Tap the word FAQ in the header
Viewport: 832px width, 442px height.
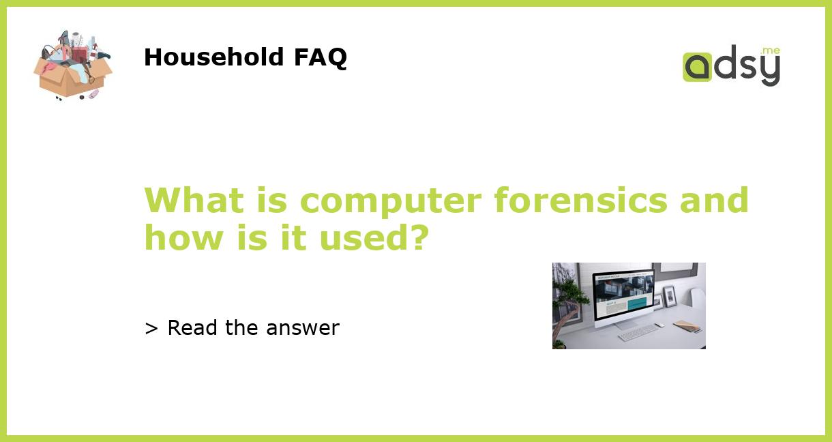click(x=320, y=57)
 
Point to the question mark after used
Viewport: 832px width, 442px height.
click(x=418, y=238)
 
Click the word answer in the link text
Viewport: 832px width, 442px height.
click(x=303, y=328)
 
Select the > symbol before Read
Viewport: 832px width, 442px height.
click(x=151, y=329)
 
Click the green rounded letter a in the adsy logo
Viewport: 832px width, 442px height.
click(x=697, y=67)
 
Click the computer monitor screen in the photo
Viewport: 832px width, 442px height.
click(x=623, y=293)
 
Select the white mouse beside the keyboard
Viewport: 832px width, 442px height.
click(x=659, y=325)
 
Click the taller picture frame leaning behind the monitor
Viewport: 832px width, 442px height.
click(x=669, y=296)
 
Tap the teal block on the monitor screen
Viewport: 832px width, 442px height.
click(x=637, y=303)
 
